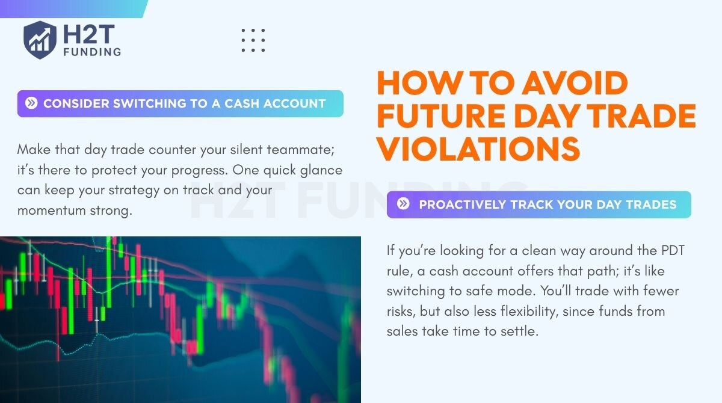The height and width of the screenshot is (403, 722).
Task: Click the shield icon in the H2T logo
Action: point(40,40)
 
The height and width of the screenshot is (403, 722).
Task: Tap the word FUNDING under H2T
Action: point(92,52)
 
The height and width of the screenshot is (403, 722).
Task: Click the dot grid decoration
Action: point(253,40)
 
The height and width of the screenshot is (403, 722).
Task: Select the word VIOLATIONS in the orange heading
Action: point(478,149)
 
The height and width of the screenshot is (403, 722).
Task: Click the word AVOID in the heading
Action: point(575,83)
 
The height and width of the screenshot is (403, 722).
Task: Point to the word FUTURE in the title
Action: point(441,115)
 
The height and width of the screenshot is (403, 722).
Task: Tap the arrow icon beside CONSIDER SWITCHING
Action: point(31,103)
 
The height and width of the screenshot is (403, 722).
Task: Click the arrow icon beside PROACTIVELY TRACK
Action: point(403,203)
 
